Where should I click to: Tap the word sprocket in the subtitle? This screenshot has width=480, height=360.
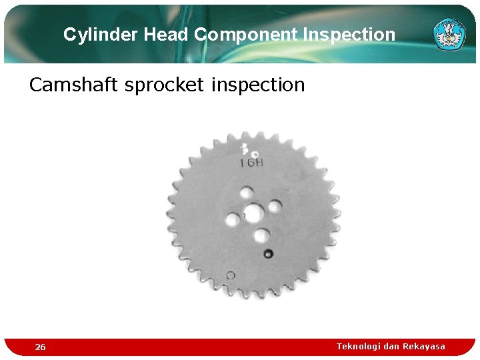click(163, 85)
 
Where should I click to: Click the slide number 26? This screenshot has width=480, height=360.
click(41, 347)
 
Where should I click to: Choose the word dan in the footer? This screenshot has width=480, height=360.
click(393, 346)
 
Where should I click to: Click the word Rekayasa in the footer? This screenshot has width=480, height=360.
click(424, 346)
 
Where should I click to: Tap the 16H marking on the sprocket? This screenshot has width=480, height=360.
click(251, 163)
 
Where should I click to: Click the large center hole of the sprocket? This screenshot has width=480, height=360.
click(253, 213)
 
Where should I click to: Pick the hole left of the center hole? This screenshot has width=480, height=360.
click(233, 219)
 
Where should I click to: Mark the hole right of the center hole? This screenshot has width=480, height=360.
click(274, 206)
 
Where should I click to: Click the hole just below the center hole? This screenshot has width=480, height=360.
click(261, 235)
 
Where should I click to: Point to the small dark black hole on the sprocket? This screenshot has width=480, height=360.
click(268, 253)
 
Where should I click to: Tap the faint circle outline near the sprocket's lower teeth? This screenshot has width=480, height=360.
click(231, 275)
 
